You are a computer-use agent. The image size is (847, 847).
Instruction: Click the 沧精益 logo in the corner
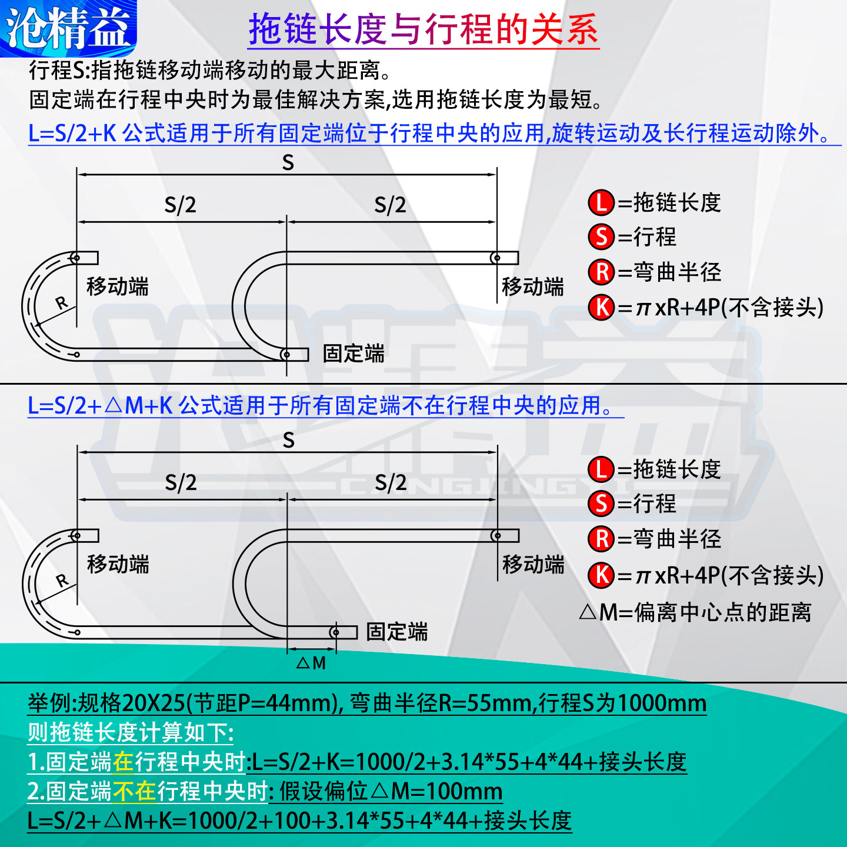coord(68,28)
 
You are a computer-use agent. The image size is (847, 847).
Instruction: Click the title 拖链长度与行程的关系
coord(423,29)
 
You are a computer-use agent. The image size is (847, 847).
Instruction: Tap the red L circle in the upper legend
coord(601,203)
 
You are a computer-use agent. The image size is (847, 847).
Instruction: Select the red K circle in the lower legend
coord(601,575)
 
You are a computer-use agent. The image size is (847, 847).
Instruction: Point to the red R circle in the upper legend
coord(601,272)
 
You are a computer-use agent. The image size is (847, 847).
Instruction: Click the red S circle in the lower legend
coord(601,503)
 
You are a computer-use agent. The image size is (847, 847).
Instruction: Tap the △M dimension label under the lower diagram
coord(311,663)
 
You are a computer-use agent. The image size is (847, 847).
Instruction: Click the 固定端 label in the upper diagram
coord(354,354)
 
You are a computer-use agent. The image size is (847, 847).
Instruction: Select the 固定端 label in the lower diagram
coord(396,632)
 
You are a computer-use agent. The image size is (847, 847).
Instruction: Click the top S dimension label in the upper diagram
coord(288,162)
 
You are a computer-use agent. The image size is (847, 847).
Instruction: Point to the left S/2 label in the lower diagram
coord(181,482)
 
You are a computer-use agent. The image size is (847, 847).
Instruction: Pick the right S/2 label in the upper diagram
coord(391,205)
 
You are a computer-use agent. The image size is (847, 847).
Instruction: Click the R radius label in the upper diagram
coord(62,303)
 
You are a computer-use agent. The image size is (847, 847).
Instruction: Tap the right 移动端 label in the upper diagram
coord(532,286)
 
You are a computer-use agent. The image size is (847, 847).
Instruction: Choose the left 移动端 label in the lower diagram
coord(118,564)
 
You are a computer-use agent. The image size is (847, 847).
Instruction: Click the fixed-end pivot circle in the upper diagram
coord(286,355)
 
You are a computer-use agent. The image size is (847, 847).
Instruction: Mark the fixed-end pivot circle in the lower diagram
coord(335,632)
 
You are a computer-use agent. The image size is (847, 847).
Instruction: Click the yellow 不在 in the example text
coord(135,791)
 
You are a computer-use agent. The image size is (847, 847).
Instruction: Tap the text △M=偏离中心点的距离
coord(695,612)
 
